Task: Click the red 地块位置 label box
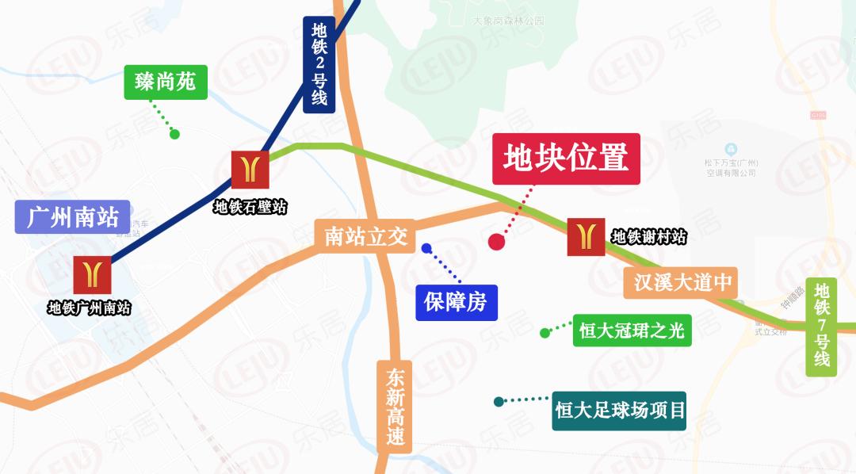[x=566, y=159]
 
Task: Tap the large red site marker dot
[x=497, y=242]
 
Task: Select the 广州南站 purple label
[x=72, y=216]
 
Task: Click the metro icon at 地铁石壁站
[x=250, y=170]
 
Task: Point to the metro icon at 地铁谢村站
[x=587, y=236]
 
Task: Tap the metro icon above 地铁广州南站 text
[x=93, y=275]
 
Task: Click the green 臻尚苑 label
[x=166, y=82]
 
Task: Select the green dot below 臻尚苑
[x=174, y=134]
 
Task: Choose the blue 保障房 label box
[x=457, y=302]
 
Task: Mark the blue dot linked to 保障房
[x=426, y=248]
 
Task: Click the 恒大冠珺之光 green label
[x=632, y=330]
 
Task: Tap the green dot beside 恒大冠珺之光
[x=545, y=333]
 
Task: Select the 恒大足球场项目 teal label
[x=619, y=411]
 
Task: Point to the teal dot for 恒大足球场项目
[x=499, y=402]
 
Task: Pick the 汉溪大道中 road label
[x=681, y=281]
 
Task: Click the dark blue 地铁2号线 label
[x=319, y=64]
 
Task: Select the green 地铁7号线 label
[x=822, y=326]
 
